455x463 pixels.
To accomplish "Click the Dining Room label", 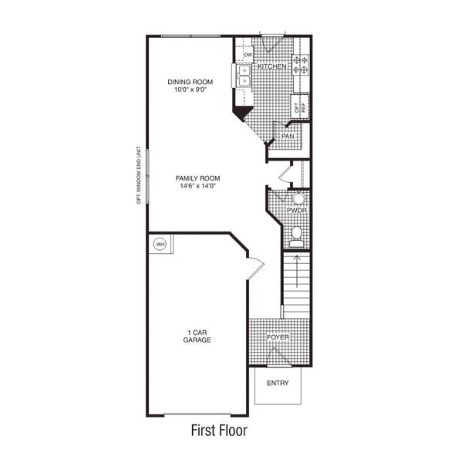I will pos(190,81).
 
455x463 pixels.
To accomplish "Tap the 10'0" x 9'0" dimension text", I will pos(190,90).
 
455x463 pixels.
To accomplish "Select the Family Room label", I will pos(197,178).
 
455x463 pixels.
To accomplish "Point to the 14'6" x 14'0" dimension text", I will pos(197,186).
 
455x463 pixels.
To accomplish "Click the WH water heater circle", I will pos(160,244).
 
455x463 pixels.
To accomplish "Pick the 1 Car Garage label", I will pos(197,336).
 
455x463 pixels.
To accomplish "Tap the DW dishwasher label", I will pos(248,56).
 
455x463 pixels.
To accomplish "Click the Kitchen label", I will pos(272,67).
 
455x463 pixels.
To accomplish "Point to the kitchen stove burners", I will pos(300,60).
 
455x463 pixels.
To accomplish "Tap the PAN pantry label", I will pos(288,137).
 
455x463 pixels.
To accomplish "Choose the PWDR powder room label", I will pos(298,210).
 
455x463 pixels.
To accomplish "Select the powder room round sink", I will pos(298,198).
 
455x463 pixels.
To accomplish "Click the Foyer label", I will pos(278,338).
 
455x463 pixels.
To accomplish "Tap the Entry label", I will pos(278,383).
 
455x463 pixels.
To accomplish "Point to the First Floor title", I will pos(218,428).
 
